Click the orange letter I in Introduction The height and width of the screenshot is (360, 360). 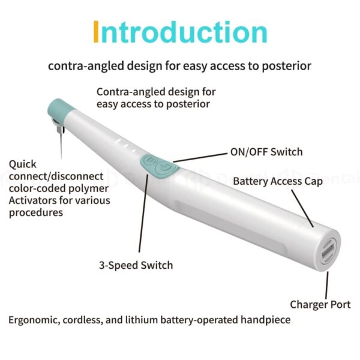click(x=96, y=31)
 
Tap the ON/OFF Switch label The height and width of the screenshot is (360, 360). click(x=266, y=152)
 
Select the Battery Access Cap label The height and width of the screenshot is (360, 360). click(x=278, y=181)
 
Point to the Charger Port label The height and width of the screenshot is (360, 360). click(x=320, y=305)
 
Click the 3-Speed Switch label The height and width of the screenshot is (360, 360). click(x=136, y=265)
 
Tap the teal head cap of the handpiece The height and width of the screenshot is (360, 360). click(x=60, y=110)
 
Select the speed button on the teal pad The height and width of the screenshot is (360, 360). click(x=149, y=160)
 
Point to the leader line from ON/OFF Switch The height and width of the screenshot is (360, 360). click(x=200, y=157)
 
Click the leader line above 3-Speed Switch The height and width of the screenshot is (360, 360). click(x=143, y=213)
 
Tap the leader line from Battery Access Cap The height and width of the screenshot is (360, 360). click(x=302, y=208)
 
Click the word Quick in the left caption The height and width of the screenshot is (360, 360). click(x=23, y=164)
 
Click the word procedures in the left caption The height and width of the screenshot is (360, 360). click(x=36, y=213)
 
